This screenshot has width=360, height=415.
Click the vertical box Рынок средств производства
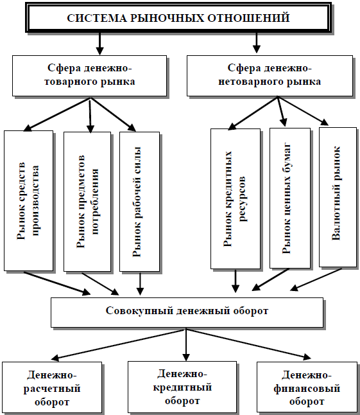point(28,200)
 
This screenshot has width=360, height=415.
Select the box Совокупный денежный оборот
point(186,311)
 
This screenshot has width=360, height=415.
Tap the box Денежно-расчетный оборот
point(52,388)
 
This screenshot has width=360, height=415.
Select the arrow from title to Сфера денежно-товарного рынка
point(99,44)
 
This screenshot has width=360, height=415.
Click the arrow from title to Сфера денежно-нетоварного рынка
point(257,44)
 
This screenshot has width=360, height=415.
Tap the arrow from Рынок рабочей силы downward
point(140,283)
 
